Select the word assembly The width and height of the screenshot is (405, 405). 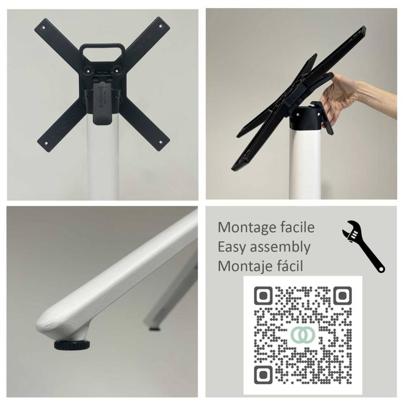click(280, 247)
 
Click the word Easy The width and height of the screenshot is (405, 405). click(232, 247)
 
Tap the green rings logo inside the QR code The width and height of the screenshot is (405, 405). click(303, 334)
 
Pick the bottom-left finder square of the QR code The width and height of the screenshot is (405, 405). click(263, 375)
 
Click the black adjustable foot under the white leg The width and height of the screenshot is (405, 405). click(72, 345)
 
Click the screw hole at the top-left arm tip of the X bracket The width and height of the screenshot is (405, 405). click(44, 27)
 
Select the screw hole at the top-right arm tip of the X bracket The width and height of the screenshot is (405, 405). click(160, 26)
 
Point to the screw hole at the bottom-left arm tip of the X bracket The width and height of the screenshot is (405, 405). click(46, 143)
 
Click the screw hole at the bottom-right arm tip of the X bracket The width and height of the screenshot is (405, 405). click(161, 142)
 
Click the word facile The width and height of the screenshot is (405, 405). click(294, 227)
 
